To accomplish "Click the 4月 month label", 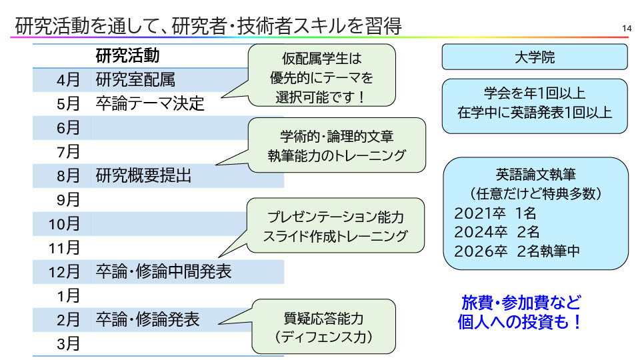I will coord(69,81).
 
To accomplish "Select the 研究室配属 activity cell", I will coord(135,81).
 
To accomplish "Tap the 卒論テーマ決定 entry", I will coord(150,105).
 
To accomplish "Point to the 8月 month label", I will coord(69,176).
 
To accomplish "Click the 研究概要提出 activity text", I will coord(143,176).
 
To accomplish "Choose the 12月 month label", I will coord(65,272).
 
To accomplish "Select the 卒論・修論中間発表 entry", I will coord(163,272).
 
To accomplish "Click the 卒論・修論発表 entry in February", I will coord(147,320).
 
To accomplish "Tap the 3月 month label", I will coord(69,344).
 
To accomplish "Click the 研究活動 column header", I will coord(127,55).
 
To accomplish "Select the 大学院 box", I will coord(535,57).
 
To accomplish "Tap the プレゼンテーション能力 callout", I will coord(335,226).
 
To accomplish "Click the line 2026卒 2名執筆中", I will coord(517,251).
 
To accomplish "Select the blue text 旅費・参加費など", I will coord(521,302).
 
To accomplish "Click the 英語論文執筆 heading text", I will coord(535,175).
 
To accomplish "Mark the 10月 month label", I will coord(65,224).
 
